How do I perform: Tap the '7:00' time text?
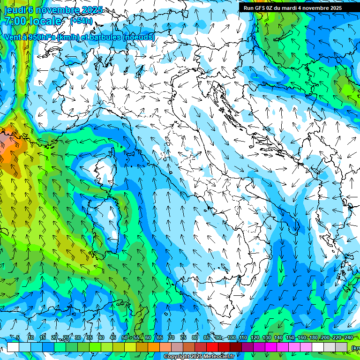pyautogui.click(x=15, y=21)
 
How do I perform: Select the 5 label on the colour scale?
pyautogui.click(x=18, y=337)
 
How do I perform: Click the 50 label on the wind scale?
pyautogui.click(x=124, y=337)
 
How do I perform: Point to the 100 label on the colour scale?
pyautogui.click(x=232, y=337)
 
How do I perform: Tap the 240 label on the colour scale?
pyautogui.click(x=348, y=337)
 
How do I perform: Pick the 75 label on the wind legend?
pyautogui.click(x=183, y=337)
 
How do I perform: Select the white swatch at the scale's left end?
pyautogui.click(x=13, y=347)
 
